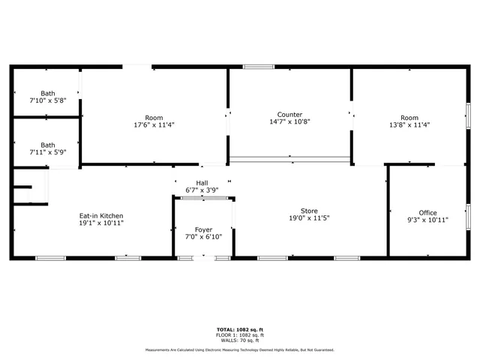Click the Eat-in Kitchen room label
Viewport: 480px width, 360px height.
click(x=101, y=215)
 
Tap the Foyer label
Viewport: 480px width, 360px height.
click(x=203, y=229)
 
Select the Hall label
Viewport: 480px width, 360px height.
click(x=202, y=183)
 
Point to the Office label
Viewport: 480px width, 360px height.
click(x=427, y=213)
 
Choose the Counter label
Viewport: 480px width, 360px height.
click(x=289, y=114)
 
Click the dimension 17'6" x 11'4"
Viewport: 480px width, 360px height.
click(x=154, y=125)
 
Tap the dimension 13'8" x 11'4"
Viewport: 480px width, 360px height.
click(x=409, y=125)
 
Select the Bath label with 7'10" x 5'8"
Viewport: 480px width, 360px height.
click(x=48, y=94)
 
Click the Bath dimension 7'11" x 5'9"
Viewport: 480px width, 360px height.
click(x=48, y=152)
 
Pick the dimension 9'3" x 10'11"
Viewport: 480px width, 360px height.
click(x=427, y=220)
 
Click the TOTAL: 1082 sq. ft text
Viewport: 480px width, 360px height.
click(x=240, y=330)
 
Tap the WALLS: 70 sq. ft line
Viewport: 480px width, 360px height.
click(x=240, y=340)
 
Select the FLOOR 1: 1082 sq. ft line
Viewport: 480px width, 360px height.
click(x=240, y=335)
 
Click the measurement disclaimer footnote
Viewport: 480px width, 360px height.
click(x=240, y=349)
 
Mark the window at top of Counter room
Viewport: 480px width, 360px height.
click(x=259, y=67)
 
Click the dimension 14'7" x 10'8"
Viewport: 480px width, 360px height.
click(x=289, y=121)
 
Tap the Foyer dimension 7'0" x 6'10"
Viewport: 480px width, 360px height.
click(x=203, y=237)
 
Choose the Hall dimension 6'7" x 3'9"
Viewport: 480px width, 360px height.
click(x=202, y=190)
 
